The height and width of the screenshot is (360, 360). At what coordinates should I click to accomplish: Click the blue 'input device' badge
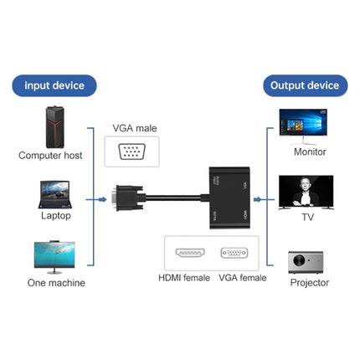54,85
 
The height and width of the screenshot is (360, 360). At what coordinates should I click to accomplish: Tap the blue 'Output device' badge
306,85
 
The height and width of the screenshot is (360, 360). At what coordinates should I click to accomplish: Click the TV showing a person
306,192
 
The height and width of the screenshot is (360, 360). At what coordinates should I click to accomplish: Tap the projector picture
306,262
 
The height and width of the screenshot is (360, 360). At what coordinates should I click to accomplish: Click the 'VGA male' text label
135,128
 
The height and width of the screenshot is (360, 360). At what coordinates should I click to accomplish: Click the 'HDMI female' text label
185,278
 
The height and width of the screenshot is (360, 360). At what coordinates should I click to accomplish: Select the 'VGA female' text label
241,278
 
